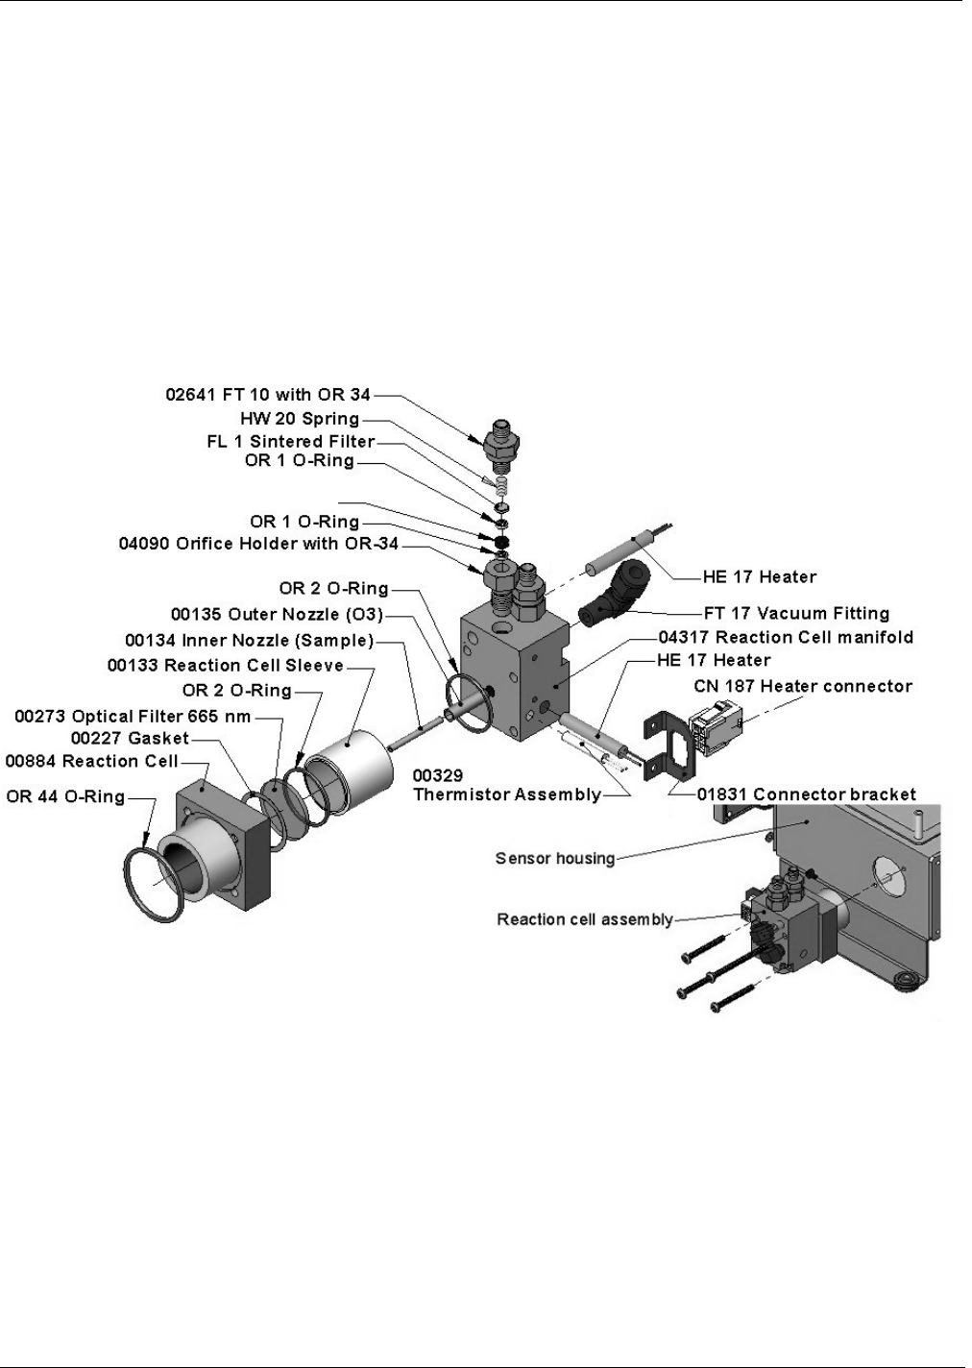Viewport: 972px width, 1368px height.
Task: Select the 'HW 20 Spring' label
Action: coord(300,419)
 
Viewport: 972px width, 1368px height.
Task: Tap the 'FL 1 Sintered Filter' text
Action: coord(290,441)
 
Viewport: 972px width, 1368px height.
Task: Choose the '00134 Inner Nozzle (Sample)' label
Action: coord(249,640)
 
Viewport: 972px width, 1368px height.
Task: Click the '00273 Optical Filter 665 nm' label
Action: coord(134,716)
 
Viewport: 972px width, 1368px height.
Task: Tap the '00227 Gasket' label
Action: coord(131,738)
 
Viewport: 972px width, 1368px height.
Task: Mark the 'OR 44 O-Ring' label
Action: coord(66,796)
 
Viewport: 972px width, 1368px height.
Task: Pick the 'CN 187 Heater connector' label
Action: coord(803,686)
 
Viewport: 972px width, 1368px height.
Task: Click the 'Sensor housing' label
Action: coord(555,858)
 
